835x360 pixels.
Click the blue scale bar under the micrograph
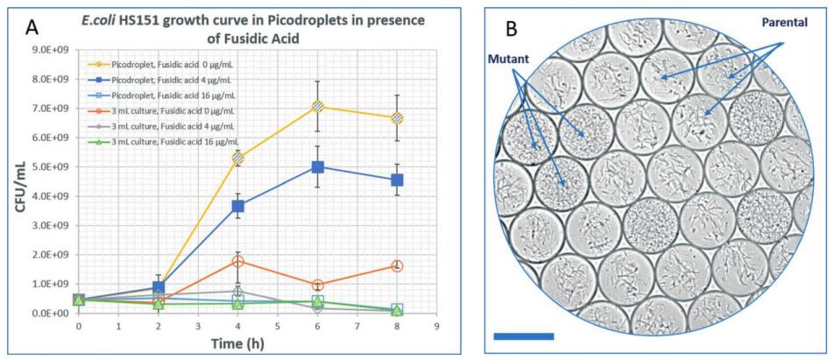[x=524, y=336]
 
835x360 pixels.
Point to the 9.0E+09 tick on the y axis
[x=54, y=49]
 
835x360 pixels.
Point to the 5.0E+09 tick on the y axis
[x=54, y=166]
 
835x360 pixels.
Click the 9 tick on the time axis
[x=436, y=326]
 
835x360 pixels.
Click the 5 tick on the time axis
[x=278, y=326]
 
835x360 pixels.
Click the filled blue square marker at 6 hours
[x=317, y=166]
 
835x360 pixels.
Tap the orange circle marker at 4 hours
[x=237, y=261]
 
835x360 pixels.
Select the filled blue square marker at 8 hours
[x=397, y=180]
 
